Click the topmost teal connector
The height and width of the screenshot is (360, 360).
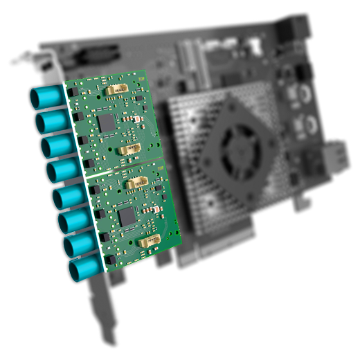tap(46, 100)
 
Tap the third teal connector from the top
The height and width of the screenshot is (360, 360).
tap(52, 148)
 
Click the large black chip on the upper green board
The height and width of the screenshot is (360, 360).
tap(107, 124)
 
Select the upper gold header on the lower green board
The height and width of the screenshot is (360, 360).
tap(135, 184)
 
